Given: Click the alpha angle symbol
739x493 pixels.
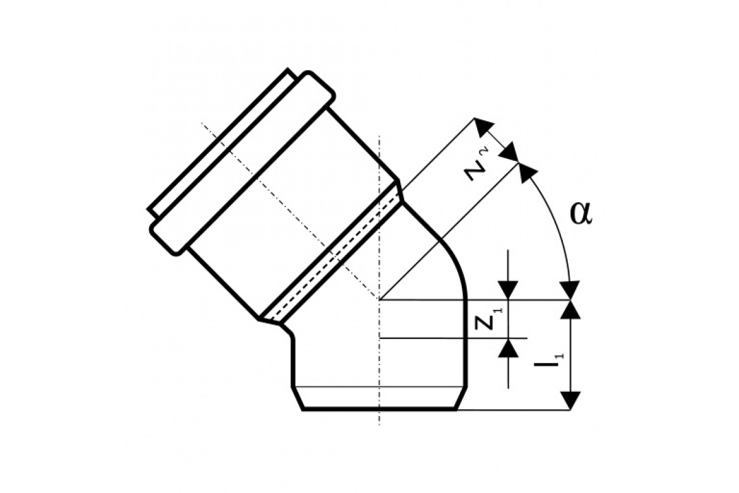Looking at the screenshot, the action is pos(581,214).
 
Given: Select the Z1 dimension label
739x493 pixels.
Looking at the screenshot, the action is pos(487,319).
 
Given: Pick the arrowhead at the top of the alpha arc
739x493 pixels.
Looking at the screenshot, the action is pos(527,173).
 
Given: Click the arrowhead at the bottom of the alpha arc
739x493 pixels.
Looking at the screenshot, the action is pos(570,290).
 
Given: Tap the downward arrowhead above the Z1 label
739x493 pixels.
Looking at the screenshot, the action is pos(508,290).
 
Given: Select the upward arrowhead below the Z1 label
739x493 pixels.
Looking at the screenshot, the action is pos(508,348).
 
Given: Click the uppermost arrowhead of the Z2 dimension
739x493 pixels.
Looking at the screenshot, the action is pos(483,127).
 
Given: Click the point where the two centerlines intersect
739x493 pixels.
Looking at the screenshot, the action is pos(379,299).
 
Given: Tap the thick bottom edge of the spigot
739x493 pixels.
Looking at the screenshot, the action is pos(379,409).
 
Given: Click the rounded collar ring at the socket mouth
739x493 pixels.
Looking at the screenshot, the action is pos(243,163).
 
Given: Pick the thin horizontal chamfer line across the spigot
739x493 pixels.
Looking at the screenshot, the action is pos(379,386).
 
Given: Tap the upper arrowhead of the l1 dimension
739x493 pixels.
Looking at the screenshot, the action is pos(570,309).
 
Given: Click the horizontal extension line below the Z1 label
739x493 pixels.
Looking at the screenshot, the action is pos(454,338).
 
